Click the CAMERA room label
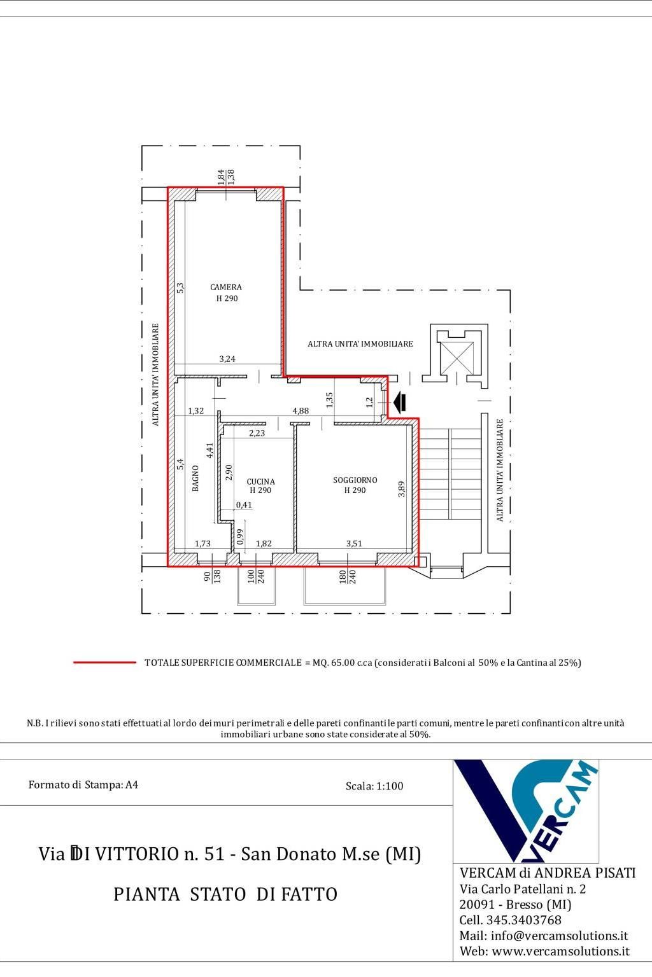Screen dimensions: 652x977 point(226,287)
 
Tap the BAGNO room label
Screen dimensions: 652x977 point(195,478)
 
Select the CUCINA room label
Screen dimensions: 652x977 point(260,482)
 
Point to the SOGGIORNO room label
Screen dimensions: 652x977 point(355,480)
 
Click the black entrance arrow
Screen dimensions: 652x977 point(400,402)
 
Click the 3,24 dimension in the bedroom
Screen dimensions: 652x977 point(227,359)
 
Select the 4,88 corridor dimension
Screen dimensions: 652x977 point(301,411)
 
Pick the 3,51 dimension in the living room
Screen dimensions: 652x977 point(354,543)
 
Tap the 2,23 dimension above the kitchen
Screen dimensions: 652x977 point(257,433)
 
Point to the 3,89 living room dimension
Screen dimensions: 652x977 point(401,488)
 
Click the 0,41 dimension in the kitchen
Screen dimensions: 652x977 point(244,505)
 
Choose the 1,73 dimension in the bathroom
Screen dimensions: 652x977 point(202,543)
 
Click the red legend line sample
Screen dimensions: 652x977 point(105,663)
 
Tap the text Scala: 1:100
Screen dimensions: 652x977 point(374,786)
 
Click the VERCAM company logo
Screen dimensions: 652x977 point(526,811)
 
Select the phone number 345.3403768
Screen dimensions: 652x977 point(523,920)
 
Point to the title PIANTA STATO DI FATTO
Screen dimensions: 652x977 point(225,894)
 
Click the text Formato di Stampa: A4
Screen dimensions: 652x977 point(83,785)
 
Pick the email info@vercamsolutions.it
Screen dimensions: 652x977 point(560,936)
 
